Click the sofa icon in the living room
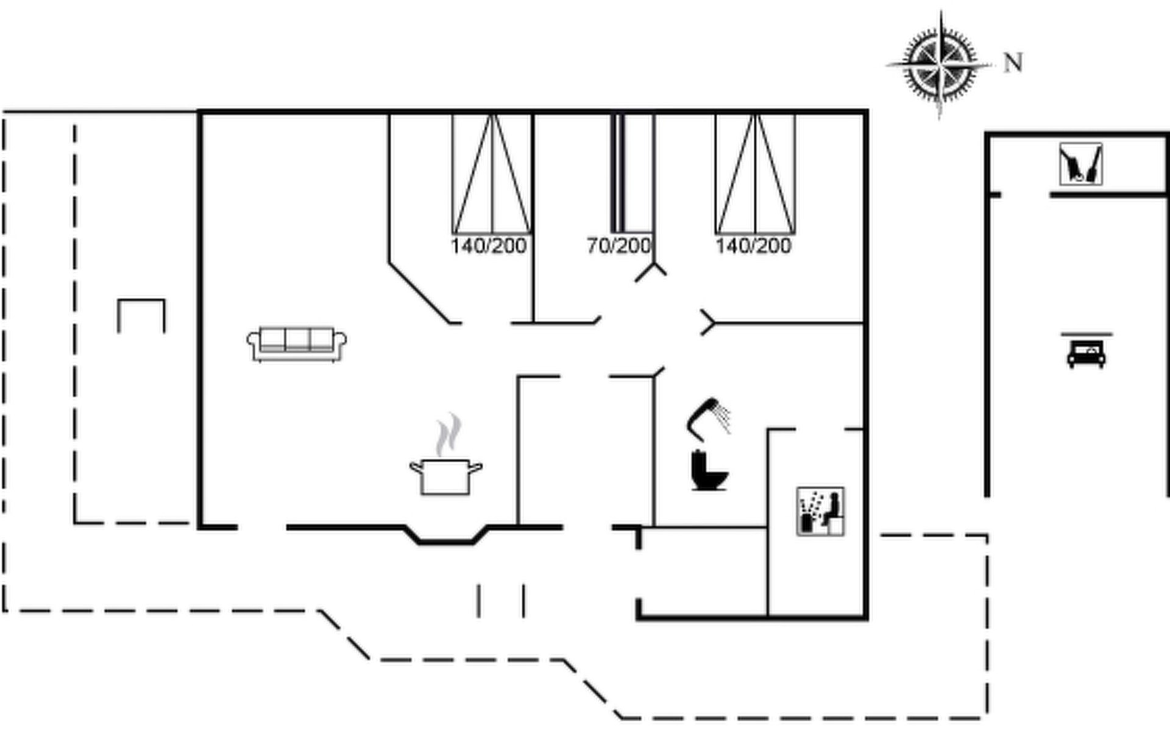click(297, 345)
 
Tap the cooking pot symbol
click(445, 476)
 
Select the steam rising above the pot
click(448, 434)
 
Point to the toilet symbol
click(709, 470)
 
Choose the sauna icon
click(820, 512)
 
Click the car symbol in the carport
click(1086, 354)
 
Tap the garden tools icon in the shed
click(1080, 164)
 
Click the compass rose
click(940, 63)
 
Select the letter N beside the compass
click(1013, 63)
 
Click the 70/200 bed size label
click(619, 246)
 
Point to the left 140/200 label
click(488, 246)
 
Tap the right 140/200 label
click(753, 246)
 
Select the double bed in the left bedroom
click(492, 174)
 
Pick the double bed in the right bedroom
click(755, 174)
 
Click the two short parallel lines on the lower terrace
click(501, 601)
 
